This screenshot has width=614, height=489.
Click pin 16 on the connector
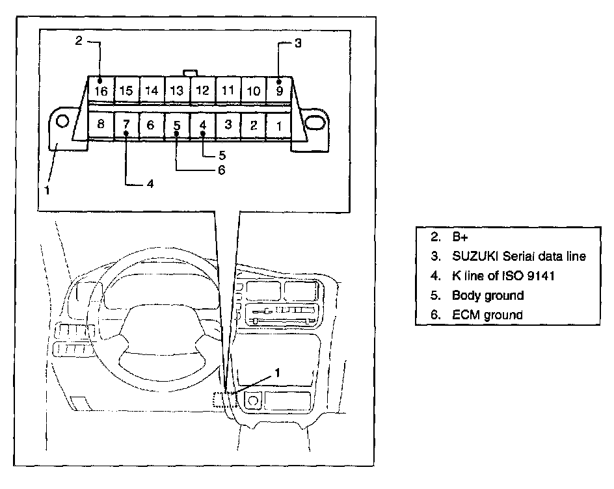click(x=101, y=91)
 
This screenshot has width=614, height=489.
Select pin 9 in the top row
click(x=279, y=91)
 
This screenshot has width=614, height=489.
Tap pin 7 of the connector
click(x=126, y=125)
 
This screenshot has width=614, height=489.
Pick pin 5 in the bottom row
click(x=177, y=125)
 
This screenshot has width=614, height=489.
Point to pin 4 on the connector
click(x=202, y=125)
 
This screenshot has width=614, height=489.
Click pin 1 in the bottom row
click(x=279, y=126)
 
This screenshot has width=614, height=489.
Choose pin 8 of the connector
click(x=101, y=125)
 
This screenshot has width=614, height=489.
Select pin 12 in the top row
click(x=203, y=91)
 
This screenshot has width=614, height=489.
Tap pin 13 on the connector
click(x=177, y=91)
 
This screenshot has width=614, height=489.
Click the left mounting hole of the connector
click(x=62, y=122)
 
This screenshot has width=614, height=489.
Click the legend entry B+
click(x=461, y=237)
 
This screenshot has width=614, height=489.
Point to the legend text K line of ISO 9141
click(x=503, y=276)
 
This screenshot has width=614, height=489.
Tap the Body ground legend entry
click(x=488, y=295)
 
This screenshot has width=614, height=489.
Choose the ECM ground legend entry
click(x=487, y=315)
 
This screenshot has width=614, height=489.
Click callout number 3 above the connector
click(x=297, y=44)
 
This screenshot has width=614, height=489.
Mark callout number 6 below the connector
click(x=221, y=170)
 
